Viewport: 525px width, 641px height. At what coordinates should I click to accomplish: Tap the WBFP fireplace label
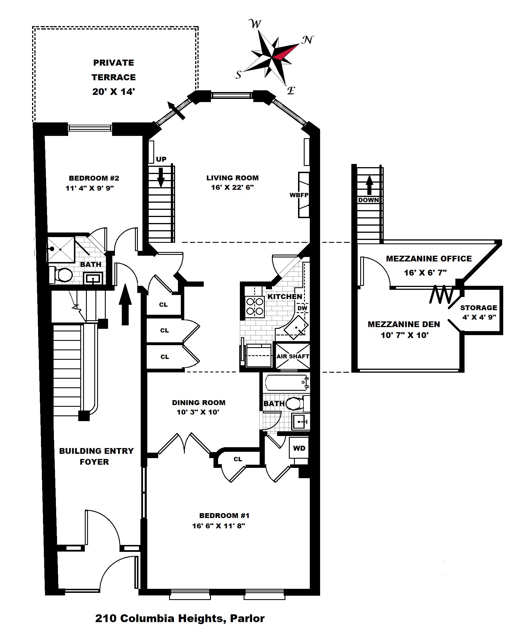299,195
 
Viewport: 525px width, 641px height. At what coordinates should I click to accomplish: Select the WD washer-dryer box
299,448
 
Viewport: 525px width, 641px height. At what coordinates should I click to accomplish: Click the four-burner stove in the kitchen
255,306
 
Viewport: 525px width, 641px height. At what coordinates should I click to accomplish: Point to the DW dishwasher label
302,308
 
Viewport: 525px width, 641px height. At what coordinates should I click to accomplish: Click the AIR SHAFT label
293,356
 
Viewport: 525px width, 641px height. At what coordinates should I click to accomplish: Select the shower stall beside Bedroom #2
61,249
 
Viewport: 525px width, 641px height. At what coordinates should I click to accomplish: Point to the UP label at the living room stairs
161,159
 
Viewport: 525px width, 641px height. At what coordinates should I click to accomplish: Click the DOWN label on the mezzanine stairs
368,200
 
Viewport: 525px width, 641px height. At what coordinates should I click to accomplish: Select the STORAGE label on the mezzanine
478,308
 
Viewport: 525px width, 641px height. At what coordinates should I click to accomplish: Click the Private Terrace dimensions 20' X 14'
113,92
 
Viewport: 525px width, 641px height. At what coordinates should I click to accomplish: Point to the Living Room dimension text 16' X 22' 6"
232,187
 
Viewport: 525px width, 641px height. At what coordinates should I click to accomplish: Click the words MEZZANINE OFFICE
429,259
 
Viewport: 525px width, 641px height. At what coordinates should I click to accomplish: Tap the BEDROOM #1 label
224,515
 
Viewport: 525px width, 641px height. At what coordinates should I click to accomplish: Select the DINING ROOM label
199,402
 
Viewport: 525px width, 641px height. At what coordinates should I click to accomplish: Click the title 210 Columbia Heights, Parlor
180,618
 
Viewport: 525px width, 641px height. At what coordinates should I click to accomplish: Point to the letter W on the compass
255,24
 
